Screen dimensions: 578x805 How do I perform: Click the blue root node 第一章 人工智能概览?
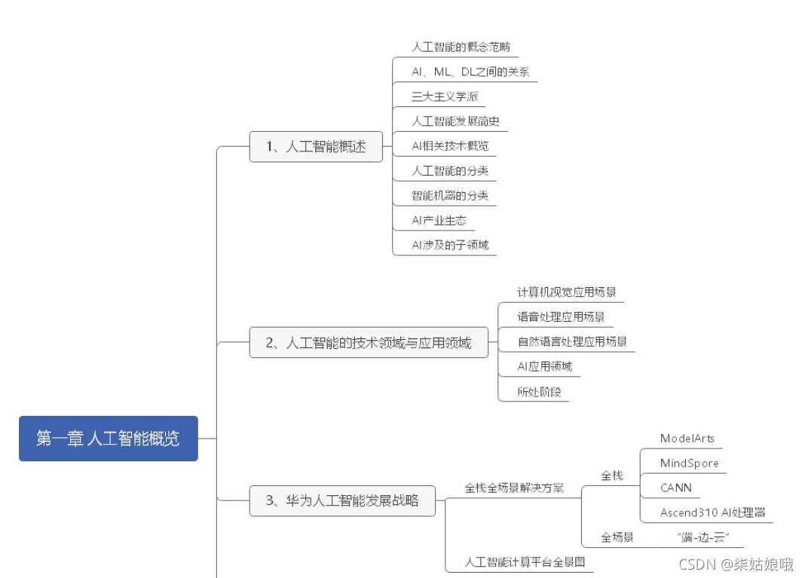click(108, 439)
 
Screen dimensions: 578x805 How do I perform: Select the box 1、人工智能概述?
click(316, 147)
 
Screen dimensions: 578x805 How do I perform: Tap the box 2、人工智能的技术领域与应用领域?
click(369, 343)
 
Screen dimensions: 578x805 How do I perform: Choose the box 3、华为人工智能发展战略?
click(342, 500)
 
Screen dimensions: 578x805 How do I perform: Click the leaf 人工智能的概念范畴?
click(455, 47)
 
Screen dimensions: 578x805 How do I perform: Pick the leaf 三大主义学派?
click(445, 96)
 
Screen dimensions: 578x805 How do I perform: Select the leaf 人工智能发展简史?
click(455, 121)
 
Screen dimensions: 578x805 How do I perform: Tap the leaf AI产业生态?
click(439, 221)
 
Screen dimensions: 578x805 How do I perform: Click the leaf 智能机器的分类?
click(450, 196)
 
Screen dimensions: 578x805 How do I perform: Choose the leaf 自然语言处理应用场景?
click(572, 342)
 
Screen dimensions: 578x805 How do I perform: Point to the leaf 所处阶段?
click(539, 392)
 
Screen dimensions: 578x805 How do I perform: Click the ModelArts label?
click(687, 439)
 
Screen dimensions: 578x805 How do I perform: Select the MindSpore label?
click(690, 463)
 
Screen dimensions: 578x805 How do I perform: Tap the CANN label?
click(676, 488)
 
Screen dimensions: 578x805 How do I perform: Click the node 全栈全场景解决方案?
click(514, 488)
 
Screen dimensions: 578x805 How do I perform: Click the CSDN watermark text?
click(736, 564)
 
